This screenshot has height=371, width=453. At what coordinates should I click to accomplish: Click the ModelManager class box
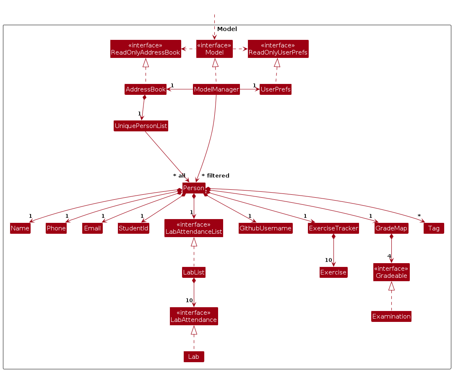[216, 89]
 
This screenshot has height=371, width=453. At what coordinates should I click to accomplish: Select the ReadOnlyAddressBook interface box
[146, 49]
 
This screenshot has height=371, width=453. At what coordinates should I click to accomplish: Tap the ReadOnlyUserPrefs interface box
[278, 49]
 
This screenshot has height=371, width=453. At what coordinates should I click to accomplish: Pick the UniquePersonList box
[141, 126]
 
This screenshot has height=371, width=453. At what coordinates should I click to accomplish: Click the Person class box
[194, 188]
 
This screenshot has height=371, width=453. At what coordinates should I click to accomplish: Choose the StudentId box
[133, 228]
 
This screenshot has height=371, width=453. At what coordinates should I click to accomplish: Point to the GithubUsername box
[266, 228]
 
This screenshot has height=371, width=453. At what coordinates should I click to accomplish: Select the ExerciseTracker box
[333, 228]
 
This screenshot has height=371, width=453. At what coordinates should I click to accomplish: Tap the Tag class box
[434, 228]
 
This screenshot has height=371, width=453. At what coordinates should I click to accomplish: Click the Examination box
[391, 316]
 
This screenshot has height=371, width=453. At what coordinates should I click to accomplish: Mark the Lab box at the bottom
[194, 357]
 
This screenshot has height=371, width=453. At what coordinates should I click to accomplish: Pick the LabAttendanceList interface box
[194, 228]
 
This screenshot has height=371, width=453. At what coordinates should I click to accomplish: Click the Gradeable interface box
[391, 272]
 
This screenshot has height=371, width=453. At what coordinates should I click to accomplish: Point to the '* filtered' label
[216, 175]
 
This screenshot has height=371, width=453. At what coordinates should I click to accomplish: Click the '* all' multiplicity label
[179, 175]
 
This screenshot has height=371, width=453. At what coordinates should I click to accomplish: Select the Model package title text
[227, 29]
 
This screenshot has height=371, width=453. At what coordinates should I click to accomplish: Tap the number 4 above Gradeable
[389, 256]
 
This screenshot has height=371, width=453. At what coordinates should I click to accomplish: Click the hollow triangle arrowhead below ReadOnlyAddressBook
[146, 63]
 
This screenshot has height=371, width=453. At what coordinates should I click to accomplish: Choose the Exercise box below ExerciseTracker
[333, 272]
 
